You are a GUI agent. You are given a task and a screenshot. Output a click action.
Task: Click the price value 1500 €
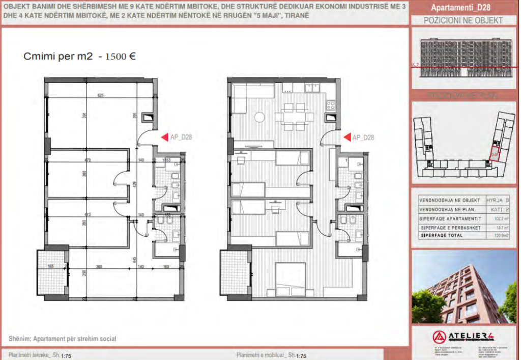tap(120, 57)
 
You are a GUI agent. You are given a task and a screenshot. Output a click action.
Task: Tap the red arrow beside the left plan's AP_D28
tap(164, 137)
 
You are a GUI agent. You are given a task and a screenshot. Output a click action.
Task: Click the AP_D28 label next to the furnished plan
tap(363, 137)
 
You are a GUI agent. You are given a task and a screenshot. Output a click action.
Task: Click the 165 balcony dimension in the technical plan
tap(51, 266)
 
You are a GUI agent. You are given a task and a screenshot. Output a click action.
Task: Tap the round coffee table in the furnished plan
tap(259, 118)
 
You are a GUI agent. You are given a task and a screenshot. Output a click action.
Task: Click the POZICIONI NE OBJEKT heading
tap(463, 21)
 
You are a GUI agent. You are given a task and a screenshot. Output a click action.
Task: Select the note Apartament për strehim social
tap(63, 339)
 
